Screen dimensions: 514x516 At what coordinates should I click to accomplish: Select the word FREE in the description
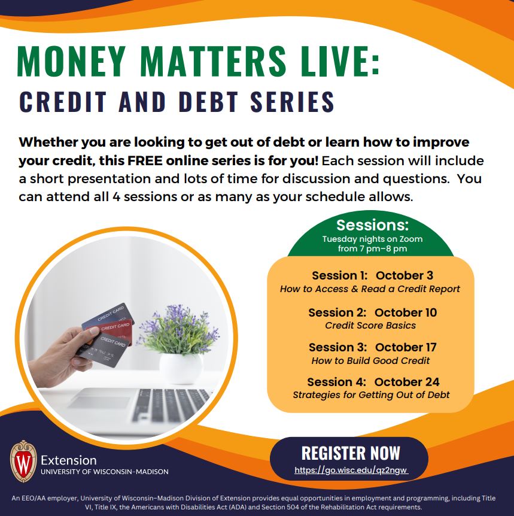click(x=145, y=161)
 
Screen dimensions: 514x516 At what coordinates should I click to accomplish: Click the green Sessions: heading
click(x=372, y=225)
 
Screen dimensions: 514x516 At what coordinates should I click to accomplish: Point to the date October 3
click(x=404, y=275)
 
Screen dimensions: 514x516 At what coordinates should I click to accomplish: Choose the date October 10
click(x=406, y=312)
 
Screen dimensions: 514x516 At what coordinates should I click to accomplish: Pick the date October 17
click(x=406, y=347)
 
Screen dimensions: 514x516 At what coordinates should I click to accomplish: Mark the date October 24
click(x=407, y=382)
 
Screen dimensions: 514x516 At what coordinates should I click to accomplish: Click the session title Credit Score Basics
click(x=370, y=326)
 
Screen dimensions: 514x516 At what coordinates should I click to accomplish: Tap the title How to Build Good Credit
click(x=370, y=361)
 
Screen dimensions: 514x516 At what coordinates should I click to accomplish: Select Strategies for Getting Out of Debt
click(x=371, y=395)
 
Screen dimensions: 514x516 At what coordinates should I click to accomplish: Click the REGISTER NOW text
click(x=351, y=453)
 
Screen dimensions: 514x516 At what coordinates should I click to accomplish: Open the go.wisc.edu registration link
click(x=351, y=471)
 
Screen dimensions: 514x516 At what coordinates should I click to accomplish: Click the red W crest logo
click(x=23, y=462)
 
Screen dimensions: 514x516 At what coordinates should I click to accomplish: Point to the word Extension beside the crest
click(x=69, y=460)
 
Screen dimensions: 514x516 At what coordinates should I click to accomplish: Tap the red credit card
click(x=115, y=329)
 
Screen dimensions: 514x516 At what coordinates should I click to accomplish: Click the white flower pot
click(x=181, y=368)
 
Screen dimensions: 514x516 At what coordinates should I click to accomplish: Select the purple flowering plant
click(x=180, y=330)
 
